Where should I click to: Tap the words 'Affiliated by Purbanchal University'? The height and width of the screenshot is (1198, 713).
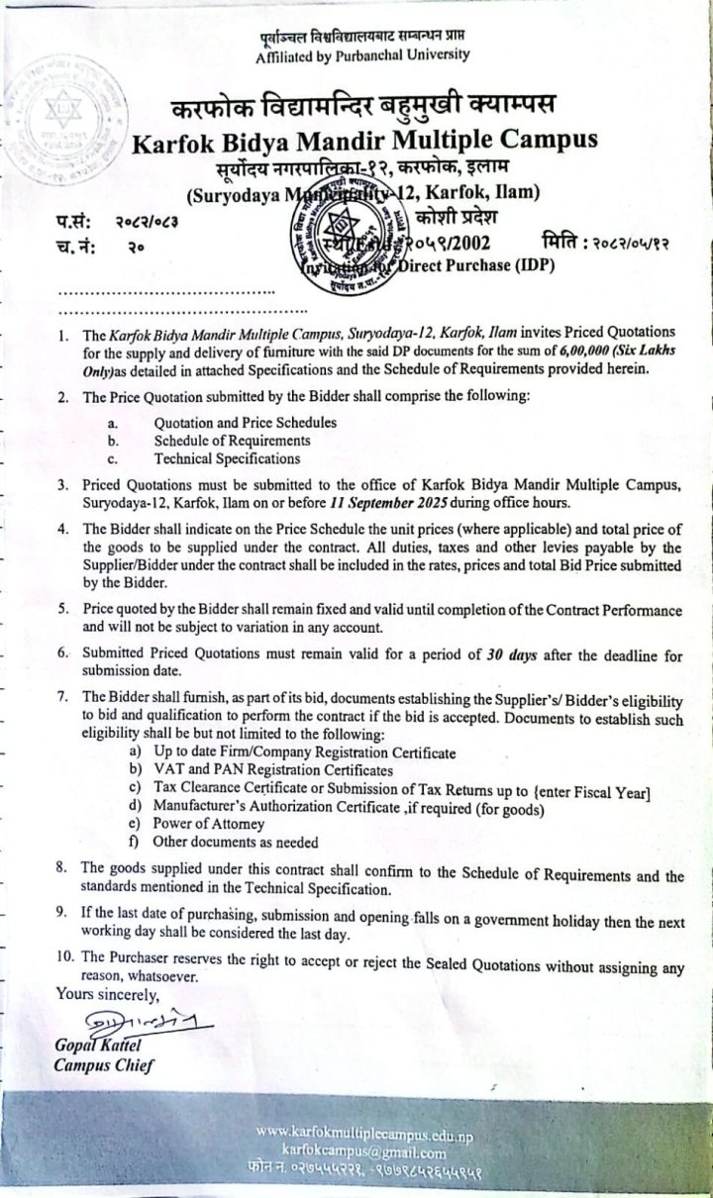click(361, 55)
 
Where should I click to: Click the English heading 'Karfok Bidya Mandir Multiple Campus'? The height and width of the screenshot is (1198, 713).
click(365, 140)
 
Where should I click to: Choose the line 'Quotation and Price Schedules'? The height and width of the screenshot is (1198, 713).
click(245, 423)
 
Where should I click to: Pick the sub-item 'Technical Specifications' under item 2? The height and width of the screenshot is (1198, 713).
click(227, 458)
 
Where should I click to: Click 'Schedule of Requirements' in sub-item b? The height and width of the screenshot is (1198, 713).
click(232, 441)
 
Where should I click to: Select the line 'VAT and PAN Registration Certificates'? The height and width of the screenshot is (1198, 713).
click(273, 769)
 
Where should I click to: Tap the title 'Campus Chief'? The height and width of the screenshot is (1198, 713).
click(104, 1065)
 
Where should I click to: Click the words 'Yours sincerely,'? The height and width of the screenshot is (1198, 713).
click(107, 993)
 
